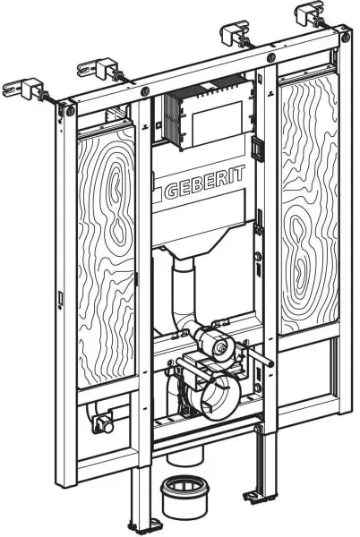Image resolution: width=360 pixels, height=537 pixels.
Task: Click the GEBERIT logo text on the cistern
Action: [x=205, y=183]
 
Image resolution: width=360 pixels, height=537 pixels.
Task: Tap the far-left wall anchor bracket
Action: [x=24, y=89]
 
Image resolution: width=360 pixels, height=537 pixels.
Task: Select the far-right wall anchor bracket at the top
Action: [x=309, y=13]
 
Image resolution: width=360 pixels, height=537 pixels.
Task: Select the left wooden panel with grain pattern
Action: [x=106, y=257]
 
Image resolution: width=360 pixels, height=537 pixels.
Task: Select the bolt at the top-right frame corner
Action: [x=346, y=37]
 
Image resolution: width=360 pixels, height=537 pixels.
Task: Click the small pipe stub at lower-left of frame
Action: [x=104, y=423]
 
